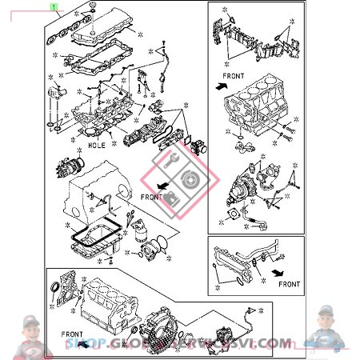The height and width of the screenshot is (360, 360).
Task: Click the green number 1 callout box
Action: [x=54, y=6]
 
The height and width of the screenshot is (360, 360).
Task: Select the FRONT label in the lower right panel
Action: [x=289, y=283]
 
